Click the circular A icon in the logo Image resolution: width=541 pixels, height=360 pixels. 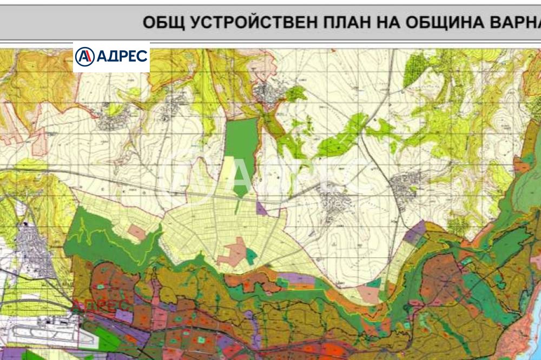[x=84, y=56]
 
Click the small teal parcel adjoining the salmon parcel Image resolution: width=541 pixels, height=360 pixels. [x=251, y=256]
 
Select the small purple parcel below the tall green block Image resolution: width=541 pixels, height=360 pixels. [x=262, y=208]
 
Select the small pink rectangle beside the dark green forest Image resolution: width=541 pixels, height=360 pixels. [x=137, y=232]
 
